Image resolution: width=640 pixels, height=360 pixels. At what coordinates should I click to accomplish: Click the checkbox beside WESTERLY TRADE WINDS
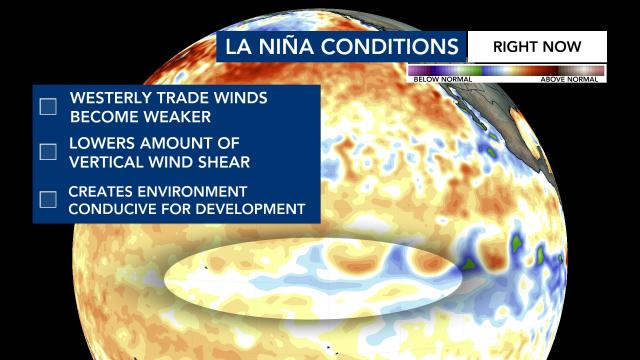[48, 107]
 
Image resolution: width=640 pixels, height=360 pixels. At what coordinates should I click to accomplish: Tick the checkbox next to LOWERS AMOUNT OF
[48, 152]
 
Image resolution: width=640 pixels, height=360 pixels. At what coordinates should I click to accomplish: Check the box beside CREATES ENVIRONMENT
[48, 198]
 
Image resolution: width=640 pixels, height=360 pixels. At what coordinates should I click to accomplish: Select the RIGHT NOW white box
[536, 46]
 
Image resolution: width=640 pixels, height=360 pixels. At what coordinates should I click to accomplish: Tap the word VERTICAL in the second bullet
[109, 161]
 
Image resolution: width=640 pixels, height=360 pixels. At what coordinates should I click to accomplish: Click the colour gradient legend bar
[507, 70]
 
